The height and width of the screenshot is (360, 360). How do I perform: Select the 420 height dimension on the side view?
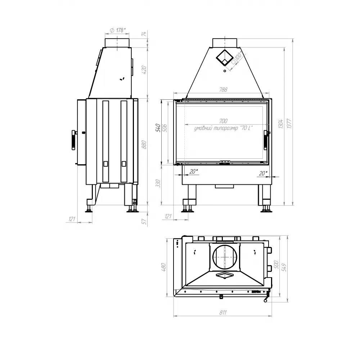tap(144, 69)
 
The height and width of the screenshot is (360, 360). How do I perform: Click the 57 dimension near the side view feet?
tap(144, 222)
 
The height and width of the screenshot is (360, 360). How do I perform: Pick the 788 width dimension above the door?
tap(223, 90)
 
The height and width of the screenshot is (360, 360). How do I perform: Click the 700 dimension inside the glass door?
tap(223, 121)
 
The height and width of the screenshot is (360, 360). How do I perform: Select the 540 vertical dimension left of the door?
tap(157, 128)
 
